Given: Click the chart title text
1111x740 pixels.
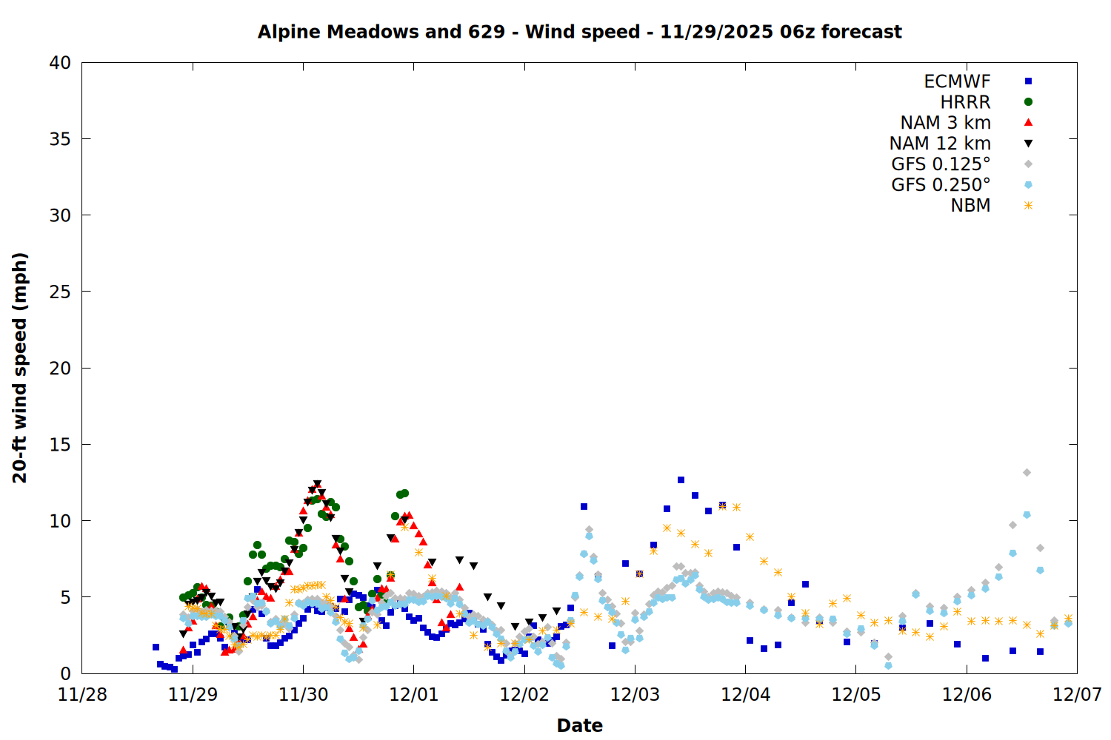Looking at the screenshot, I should point(579,32).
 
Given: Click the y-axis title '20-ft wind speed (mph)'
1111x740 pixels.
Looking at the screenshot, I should point(20,368).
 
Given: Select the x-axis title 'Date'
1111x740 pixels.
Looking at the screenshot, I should point(579,725).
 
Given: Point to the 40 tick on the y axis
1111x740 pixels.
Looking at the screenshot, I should point(60,63).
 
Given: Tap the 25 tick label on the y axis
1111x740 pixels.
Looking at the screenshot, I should point(60,292).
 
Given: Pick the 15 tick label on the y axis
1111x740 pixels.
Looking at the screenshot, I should point(60,444).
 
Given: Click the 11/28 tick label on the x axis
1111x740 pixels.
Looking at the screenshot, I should point(82,695).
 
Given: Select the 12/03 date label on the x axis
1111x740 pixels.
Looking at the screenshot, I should point(635,695).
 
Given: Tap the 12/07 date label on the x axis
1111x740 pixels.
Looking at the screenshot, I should point(1077,695).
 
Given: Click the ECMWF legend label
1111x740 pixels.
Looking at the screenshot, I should point(957,81).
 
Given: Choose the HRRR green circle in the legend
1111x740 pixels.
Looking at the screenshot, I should point(1028,102).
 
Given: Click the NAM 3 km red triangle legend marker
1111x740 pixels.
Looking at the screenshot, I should point(1028,122).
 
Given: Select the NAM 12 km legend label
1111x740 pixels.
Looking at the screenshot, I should point(940,144).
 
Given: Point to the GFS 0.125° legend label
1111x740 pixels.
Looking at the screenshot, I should point(941,164).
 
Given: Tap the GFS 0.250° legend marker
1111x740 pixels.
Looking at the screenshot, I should point(1028,185).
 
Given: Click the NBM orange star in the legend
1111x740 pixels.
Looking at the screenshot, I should point(1028,206).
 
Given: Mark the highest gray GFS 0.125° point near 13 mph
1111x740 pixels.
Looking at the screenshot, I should point(1027,472).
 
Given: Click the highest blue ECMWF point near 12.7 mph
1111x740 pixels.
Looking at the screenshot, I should point(681,480).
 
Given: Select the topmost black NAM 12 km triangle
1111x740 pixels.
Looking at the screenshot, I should point(317,484).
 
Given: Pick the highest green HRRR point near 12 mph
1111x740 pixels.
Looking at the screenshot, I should point(404,493).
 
